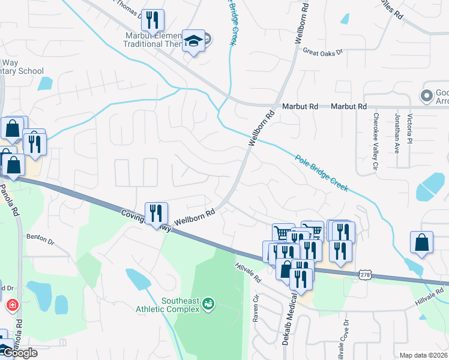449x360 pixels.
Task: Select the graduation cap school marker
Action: point(193,41)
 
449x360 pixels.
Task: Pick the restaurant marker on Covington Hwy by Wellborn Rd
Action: point(156,214)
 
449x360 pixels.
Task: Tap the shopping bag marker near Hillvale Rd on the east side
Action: point(421,243)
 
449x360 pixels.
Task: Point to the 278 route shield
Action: point(365,274)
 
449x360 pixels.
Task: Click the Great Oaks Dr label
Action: point(322,52)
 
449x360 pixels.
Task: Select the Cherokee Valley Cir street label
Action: point(376,140)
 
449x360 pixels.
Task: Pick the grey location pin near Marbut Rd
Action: point(427,96)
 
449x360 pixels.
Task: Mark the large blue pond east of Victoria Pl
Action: point(435,187)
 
